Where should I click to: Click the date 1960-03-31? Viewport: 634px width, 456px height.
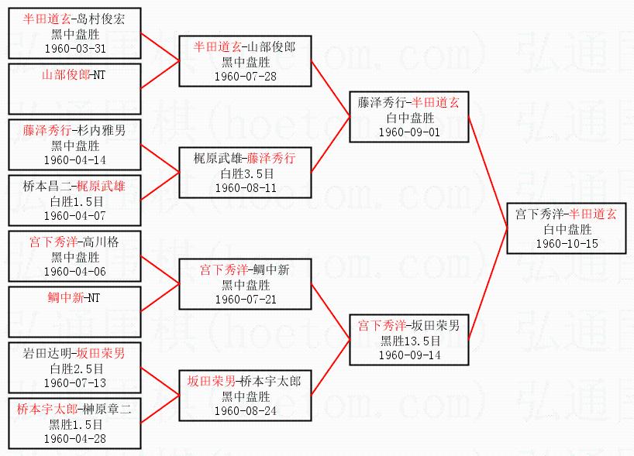(x=75, y=48)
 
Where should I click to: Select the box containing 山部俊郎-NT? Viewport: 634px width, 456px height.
(x=75, y=88)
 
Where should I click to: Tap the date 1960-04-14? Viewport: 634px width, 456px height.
(x=75, y=159)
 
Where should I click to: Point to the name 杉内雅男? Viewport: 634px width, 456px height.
(x=104, y=131)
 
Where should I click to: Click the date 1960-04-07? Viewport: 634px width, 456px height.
(x=75, y=215)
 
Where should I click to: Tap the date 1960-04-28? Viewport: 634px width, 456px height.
(x=75, y=438)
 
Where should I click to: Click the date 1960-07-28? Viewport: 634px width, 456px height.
(x=245, y=76)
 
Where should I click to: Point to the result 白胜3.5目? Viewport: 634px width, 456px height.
(x=245, y=173)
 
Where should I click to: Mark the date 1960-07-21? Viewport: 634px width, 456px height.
(x=245, y=299)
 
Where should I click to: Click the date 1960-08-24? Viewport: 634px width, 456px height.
(x=245, y=410)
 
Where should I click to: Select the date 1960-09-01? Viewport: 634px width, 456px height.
(x=408, y=132)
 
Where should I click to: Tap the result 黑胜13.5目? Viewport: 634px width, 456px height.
(x=408, y=341)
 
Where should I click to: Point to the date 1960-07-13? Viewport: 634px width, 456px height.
(x=75, y=382)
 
